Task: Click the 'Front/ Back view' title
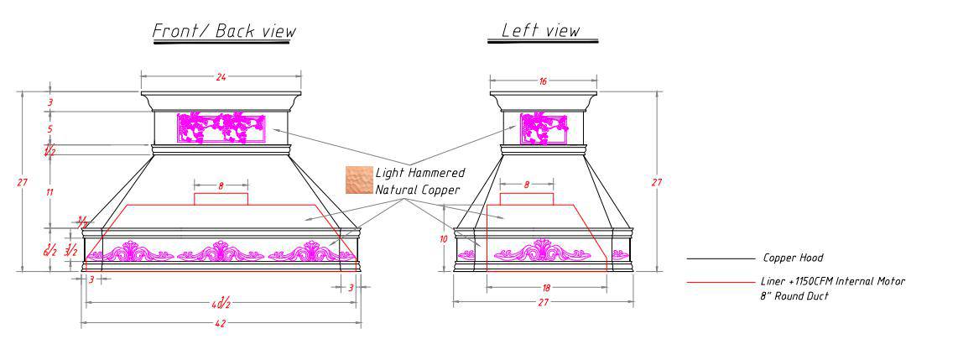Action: [x=223, y=32]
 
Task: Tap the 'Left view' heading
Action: [x=540, y=30]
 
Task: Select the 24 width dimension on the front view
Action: [x=221, y=77]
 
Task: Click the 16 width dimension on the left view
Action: [x=543, y=81]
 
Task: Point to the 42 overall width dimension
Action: [x=221, y=323]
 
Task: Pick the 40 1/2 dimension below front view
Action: [x=221, y=303]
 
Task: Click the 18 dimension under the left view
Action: [x=547, y=288]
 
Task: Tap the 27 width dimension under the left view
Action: [x=543, y=302]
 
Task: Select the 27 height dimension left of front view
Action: [x=25, y=182]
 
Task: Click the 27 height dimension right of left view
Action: [x=658, y=182]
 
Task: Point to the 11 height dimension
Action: [x=49, y=192]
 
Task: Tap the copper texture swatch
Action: [x=357, y=179]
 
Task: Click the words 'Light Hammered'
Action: [x=419, y=173]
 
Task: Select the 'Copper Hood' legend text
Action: [x=792, y=258]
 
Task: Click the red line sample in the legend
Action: [x=719, y=282]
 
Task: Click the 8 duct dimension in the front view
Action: [x=221, y=186]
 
